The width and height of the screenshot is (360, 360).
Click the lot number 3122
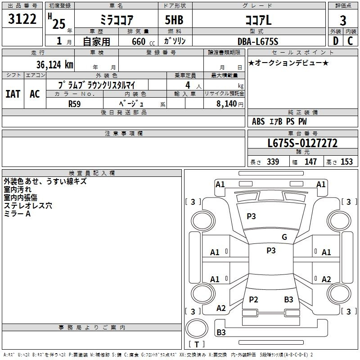pos(22,19)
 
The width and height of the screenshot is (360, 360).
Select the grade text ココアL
pos(258,20)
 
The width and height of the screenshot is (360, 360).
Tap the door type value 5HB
pos(174,20)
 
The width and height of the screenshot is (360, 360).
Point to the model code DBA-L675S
pos(258,41)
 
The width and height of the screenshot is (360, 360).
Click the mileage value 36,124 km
pos(54,65)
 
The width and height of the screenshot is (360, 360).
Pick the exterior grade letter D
pos(336,41)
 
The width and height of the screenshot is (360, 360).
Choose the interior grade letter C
pos(350,41)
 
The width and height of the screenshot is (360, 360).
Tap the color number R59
pos(74,104)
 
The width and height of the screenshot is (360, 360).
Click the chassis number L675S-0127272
pos(302,143)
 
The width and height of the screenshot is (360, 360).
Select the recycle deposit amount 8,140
pos(226,104)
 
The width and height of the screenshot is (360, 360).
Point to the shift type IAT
pos(13,94)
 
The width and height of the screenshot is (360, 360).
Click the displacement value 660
pos(139,42)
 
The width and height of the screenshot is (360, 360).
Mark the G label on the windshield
pos(284,237)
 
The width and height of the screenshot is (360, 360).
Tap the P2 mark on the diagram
pos(253,299)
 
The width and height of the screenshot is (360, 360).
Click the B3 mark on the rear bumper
pos(221,332)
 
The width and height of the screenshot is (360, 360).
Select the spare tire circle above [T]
pos(197,328)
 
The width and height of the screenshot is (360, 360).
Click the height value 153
pos(346,162)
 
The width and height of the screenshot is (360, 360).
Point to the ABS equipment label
pos(258,121)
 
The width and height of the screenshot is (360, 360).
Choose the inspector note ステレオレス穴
pos(28,206)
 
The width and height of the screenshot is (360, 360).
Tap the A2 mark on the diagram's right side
pos(326,279)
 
